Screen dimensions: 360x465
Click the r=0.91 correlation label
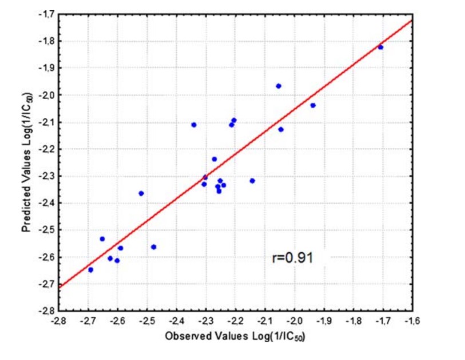[292, 258]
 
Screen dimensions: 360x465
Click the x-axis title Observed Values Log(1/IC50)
[235, 337]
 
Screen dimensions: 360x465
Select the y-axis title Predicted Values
[26, 163]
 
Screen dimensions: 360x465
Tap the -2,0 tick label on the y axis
[45, 95]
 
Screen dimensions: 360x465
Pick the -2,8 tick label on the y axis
[45, 311]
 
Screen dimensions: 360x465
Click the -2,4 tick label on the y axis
[45, 203]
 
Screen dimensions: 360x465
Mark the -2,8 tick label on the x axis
[58, 321]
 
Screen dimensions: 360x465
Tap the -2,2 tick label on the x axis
[235, 321]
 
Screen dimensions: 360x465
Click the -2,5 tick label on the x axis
[146, 321]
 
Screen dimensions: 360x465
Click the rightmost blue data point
[380, 47]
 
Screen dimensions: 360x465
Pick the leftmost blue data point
[90, 270]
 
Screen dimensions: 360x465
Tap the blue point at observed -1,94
[313, 105]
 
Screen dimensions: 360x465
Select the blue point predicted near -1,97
[279, 86]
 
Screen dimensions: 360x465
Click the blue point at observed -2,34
[194, 125]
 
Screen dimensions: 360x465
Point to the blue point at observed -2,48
[153, 247]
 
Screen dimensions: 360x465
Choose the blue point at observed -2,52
[141, 193]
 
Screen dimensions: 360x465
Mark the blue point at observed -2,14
[252, 181]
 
